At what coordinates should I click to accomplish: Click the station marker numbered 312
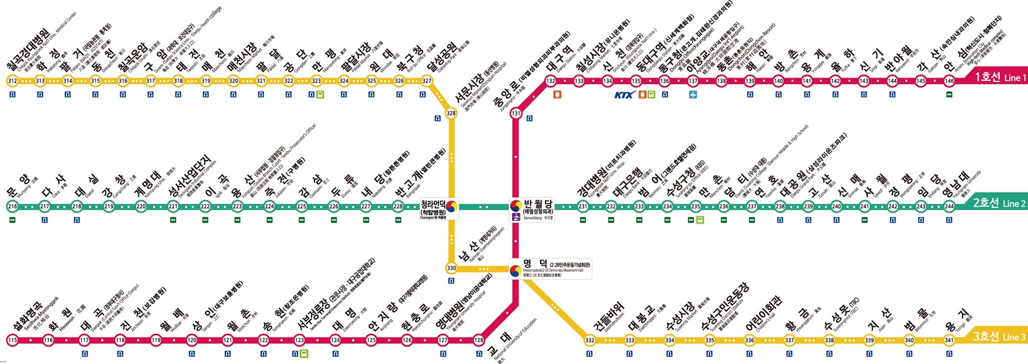(12, 81)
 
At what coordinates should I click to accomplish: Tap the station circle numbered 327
(427, 81)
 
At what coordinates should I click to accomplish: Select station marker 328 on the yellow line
(451, 113)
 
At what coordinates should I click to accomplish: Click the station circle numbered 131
(516, 113)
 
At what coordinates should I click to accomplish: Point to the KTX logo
(624, 95)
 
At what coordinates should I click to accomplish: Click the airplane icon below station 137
(693, 94)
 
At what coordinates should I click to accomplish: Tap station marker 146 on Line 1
(949, 81)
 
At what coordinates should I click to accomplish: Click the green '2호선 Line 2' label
(998, 203)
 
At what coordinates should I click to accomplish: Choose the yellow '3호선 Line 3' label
(998, 336)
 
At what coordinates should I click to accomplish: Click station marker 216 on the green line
(12, 206)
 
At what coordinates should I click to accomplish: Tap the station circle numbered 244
(949, 206)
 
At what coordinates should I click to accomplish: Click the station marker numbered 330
(451, 268)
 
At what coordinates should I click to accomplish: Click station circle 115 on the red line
(12, 340)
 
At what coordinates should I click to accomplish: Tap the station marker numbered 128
(479, 340)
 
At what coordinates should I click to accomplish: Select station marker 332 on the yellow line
(590, 340)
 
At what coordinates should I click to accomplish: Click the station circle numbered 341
(949, 340)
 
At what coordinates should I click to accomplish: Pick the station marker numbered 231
(583, 206)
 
